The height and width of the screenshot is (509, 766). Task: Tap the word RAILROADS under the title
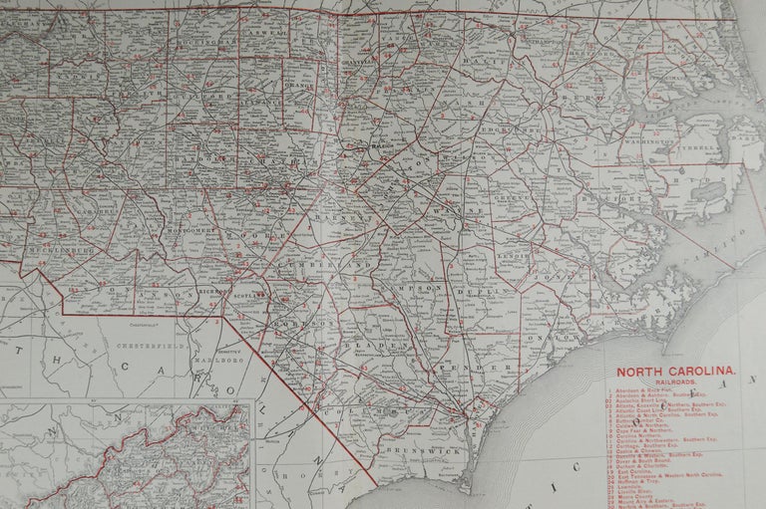pos(676,379)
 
